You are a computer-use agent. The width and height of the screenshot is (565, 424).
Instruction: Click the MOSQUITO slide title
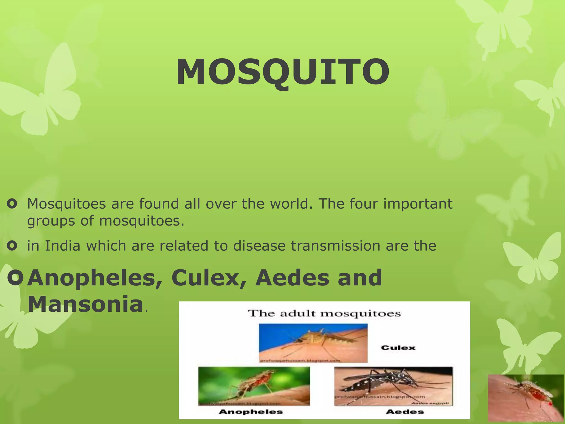283,72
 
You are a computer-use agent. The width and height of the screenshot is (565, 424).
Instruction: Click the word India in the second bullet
62,246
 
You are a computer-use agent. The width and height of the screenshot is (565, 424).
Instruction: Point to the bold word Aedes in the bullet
292,278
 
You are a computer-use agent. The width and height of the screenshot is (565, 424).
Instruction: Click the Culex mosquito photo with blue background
313,343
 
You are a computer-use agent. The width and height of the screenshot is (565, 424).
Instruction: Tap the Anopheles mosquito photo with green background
254,386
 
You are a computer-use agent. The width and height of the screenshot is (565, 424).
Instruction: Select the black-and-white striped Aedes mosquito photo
393,386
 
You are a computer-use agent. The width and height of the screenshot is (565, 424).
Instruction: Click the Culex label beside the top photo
398,348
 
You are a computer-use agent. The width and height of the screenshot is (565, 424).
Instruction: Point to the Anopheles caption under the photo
250,412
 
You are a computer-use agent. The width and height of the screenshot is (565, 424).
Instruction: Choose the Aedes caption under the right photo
405,412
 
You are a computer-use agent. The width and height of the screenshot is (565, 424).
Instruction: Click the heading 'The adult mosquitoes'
324,314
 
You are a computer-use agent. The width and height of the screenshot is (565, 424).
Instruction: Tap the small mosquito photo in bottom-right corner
526,399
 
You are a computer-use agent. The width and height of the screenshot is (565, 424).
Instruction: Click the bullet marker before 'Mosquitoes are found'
12,204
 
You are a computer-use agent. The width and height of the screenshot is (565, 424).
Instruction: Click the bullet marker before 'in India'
12,246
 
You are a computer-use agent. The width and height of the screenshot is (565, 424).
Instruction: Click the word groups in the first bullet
51,221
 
